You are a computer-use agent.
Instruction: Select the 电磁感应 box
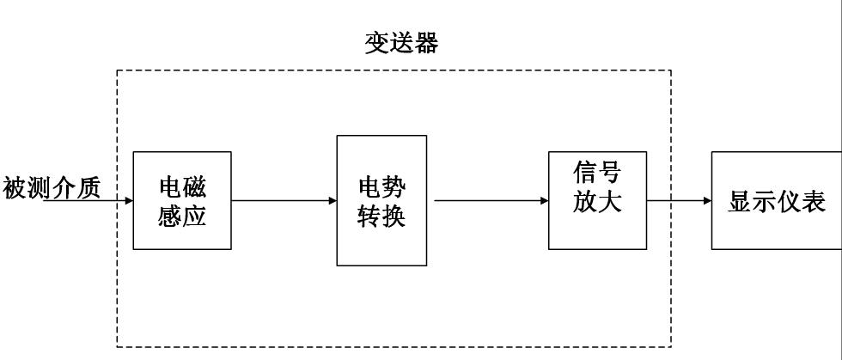[x=182, y=201]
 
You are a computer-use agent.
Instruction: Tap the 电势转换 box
[x=381, y=201]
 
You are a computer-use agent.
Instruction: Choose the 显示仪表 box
[x=776, y=201]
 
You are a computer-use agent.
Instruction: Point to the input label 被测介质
[x=52, y=186]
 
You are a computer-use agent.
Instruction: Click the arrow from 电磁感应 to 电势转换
[x=284, y=201]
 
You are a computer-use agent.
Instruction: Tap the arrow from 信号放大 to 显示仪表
[x=679, y=201]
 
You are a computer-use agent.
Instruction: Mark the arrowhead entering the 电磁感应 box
[x=128, y=201]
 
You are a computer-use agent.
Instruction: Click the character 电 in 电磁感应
[x=170, y=187]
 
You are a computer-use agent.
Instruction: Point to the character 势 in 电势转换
[x=394, y=186]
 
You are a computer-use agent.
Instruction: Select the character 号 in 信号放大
[x=609, y=173]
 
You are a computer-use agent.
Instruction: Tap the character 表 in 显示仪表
[x=812, y=202]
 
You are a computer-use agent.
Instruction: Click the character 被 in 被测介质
[x=15, y=186]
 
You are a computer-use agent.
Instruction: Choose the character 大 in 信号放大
[x=609, y=204]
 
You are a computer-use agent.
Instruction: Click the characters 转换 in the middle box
[x=381, y=215]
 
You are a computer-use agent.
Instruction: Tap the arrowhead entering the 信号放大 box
[x=544, y=201]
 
